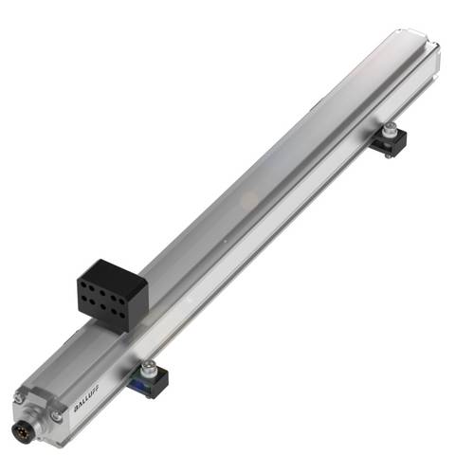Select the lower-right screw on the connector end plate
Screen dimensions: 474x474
(x=59, y=415)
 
